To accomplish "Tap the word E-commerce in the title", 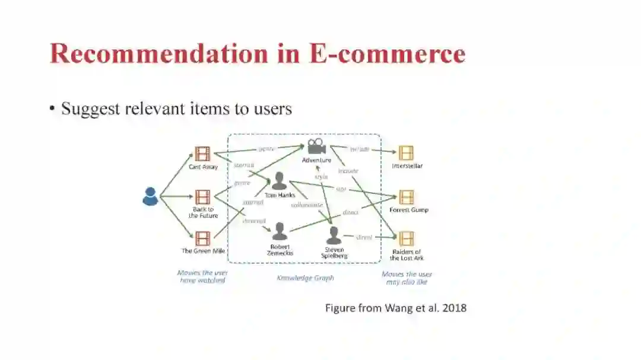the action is (386, 53).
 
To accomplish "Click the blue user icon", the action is (150, 196).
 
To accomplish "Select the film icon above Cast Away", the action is (202, 154).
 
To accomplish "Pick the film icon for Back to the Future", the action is (202, 197).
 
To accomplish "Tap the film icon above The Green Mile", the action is (202, 238).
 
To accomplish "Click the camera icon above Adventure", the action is (316, 146).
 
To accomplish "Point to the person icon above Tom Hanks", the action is (279, 181).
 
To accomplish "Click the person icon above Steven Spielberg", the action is (334, 235).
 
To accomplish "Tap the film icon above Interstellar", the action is (407, 153).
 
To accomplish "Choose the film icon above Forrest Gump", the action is (407, 197).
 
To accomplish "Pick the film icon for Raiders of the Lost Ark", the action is (407, 238).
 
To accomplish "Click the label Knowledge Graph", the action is (305, 278).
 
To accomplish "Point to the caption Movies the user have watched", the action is (202, 277).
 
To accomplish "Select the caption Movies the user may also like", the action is (407, 278).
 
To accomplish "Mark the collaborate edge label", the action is (307, 205).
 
